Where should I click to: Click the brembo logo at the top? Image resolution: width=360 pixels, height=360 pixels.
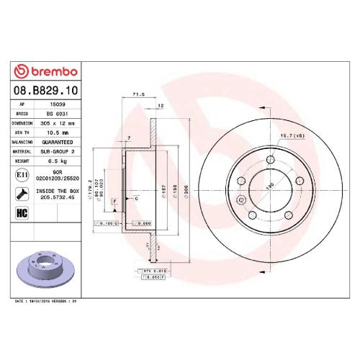pyautogui.click(x=45, y=72)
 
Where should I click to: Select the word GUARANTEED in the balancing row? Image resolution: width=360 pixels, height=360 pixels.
pyautogui.click(x=58, y=142)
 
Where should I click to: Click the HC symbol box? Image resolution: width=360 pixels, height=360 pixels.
pyautogui.click(x=22, y=212)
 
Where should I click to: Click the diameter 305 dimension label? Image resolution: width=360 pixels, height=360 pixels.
pyautogui.click(x=185, y=189)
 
